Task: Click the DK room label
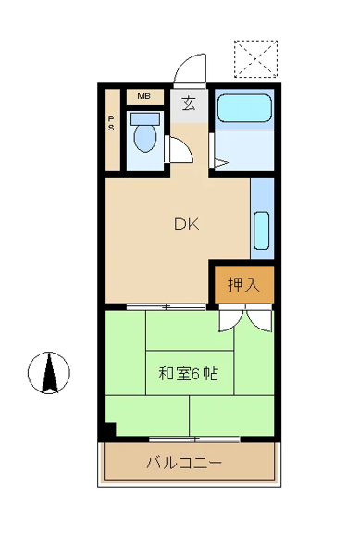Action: [187, 224]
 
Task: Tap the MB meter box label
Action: [143, 96]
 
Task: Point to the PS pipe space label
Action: [111, 123]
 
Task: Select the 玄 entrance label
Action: [189, 105]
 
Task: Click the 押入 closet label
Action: [243, 284]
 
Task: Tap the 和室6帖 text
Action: [189, 374]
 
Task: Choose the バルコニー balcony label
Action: [184, 463]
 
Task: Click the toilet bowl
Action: [145, 138]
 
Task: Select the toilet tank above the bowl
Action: [145, 119]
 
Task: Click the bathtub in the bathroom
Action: [244, 107]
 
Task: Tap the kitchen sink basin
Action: [262, 230]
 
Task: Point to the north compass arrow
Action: [49, 373]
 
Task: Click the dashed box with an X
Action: [256, 59]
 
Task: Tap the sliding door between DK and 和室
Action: [166, 306]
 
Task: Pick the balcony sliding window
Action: [194, 439]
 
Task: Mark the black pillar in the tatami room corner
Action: [110, 429]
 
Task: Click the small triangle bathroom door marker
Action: [221, 162]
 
